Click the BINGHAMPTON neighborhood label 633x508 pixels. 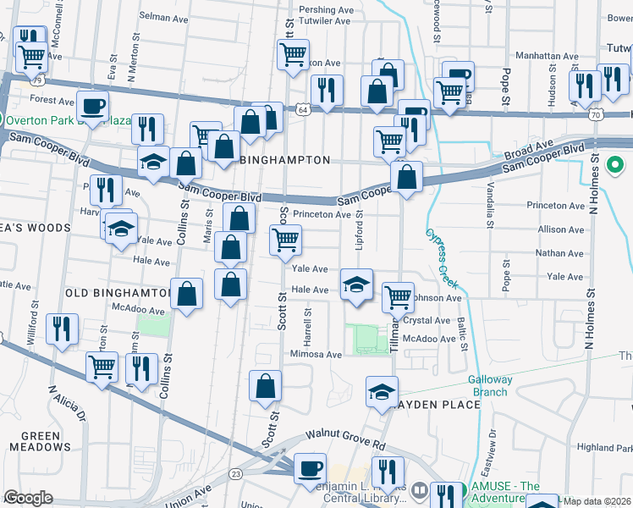pyautogui.click(x=284, y=159)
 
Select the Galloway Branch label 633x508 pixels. pyautogui.click(x=491, y=386)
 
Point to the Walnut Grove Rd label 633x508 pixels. pyautogui.click(x=345, y=433)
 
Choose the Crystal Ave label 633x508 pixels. pyautogui.click(x=427, y=321)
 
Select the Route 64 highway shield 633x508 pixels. pyautogui.click(x=303, y=108)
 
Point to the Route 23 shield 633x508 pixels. pyautogui.click(x=235, y=473)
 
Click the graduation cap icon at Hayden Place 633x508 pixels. pyautogui.click(x=382, y=391)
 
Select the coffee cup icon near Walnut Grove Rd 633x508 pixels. pyautogui.click(x=311, y=467)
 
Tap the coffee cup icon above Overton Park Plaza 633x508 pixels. pyautogui.click(x=92, y=106)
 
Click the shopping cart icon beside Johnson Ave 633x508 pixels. pyautogui.click(x=398, y=297)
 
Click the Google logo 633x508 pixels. pyautogui.click(x=28, y=498)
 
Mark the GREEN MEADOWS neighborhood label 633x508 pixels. pyautogui.click(x=35, y=441)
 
